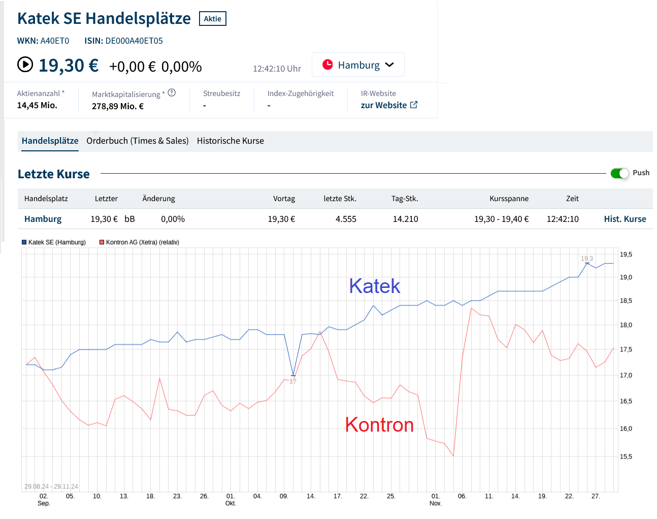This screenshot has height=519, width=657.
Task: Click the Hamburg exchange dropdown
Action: [x=358, y=65]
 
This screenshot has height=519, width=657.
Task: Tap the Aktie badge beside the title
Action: [x=212, y=19]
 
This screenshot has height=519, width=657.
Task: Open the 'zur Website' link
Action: [x=389, y=105]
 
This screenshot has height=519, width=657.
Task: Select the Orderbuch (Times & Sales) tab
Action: [x=138, y=141]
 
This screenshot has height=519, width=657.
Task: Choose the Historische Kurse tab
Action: [x=231, y=141]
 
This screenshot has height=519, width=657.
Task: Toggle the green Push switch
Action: [x=619, y=173]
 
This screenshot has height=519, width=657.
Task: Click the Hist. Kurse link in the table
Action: [x=625, y=219]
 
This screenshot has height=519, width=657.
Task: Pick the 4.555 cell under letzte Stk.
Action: [x=346, y=219]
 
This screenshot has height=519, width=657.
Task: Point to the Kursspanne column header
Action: [x=509, y=199]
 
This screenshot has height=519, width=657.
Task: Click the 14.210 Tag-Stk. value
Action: [x=405, y=219]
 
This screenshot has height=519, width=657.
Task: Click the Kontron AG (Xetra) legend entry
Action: [x=140, y=242]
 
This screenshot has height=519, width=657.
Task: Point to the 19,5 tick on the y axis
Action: [x=626, y=254]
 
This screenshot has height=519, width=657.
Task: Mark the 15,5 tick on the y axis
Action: [x=626, y=457]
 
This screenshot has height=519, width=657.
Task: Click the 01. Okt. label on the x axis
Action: [x=231, y=500]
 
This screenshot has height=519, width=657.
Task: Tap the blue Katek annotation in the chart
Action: [x=374, y=286]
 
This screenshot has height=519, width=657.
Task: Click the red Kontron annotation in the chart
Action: [x=379, y=425]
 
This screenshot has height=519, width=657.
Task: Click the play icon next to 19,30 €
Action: [x=25, y=65]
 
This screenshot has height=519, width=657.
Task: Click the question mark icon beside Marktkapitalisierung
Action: [x=172, y=93]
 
